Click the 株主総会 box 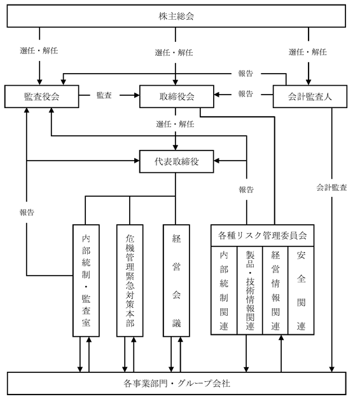pyautogui.click(x=176, y=16)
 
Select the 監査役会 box pyautogui.click(x=42, y=97)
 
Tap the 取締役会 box pyautogui.click(x=177, y=97)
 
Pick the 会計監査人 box pyautogui.click(x=310, y=97)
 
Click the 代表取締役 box pyautogui.click(x=177, y=161)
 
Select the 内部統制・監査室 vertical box pyautogui.click(x=86, y=280)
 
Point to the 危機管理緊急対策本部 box pyautogui.click(x=130, y=280)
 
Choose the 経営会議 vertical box pyautogui.click(x=176, y=280)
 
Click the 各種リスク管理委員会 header pyautogui.click(x=263, y=235)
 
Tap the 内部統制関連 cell pyautogui.click(x=224, y=290)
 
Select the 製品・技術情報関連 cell pyautogui.click(x=250, y=290)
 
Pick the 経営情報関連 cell pyautogui.click(x=275, y=290)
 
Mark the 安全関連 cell pyautogui.click(x=301, y=290)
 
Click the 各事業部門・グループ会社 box pyautogui.click(x=177, y=383)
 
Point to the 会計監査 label pyautogui.click(x=332, y=187)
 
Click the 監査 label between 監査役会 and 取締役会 pyautogui.click(x=104, y=95)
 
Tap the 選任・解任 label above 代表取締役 pyautogui.click(x=176, y=124)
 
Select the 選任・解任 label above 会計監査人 pyautogui.click(x=308, y=52)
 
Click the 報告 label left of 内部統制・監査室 pyautogui.click(x=27, y=212)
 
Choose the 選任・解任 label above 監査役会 pyautogui.click(x=39, y=50)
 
